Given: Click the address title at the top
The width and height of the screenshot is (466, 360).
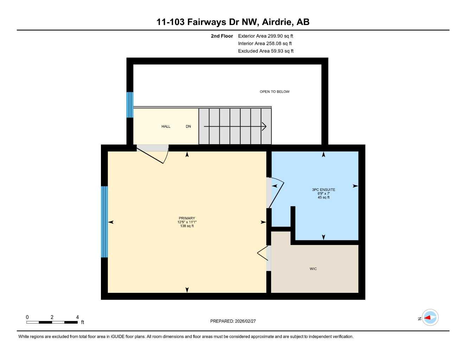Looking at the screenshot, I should coord(233,22).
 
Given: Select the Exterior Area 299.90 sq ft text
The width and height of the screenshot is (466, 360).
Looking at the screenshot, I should coord(266,36).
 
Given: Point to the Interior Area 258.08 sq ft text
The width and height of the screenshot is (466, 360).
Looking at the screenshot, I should coord(265,44).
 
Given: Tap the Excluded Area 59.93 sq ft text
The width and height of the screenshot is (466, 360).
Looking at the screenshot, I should coord(266,51).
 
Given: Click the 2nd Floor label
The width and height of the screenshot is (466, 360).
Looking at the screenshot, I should coord(222,36).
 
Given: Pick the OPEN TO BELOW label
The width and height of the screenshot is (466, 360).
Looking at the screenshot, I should coord(274,92).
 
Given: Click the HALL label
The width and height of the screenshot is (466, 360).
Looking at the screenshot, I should coord(166,127).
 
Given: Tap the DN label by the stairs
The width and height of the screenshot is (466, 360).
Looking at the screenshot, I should coord(188,127).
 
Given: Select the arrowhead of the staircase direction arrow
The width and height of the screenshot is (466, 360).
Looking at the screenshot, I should coord(264,127).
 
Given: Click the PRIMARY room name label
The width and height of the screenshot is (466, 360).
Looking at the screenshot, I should coord(187,218).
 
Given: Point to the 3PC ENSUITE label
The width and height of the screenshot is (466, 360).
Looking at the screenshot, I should coord(324,190).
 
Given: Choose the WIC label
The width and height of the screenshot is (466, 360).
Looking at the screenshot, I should coord(313,269).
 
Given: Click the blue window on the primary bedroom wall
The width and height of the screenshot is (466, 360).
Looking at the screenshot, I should coord(104,222).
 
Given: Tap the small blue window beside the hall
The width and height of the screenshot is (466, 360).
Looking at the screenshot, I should coord(130,105).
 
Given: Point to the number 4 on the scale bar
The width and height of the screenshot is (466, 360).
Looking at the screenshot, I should coord(77,317).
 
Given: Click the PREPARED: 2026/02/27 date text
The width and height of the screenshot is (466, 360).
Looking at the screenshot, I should coord(233,321).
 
